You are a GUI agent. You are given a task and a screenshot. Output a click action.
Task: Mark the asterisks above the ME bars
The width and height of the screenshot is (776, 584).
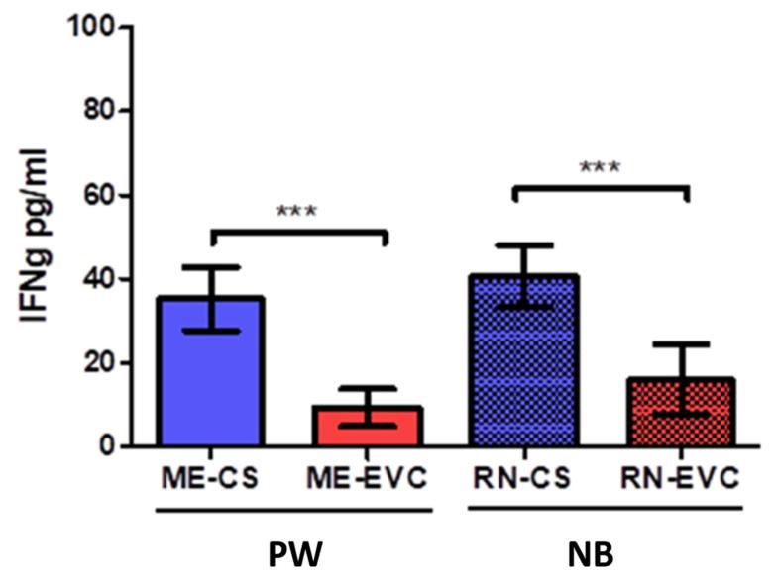[x=296, y=212]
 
